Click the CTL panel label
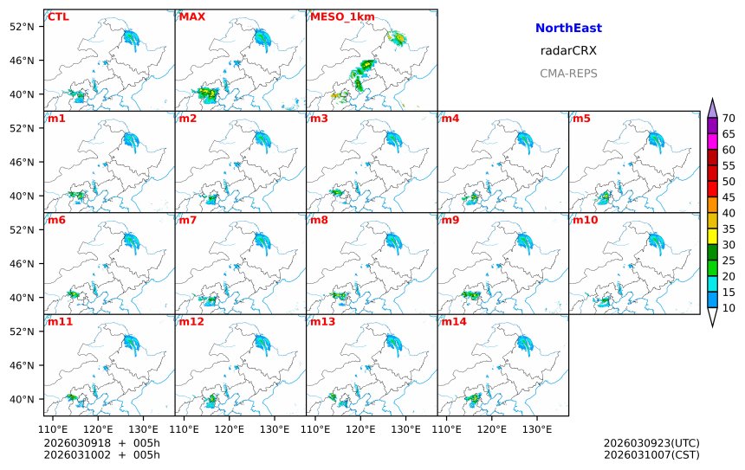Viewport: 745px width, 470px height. coord(58,16)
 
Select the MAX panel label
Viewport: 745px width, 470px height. coord(192,16)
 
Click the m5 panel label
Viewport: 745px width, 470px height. coord(581,119)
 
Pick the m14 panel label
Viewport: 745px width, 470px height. coord(453,322)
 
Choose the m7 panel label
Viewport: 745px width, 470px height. coord(188,220)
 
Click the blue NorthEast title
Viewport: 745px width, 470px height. coord(568,29)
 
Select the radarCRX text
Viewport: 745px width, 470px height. coord(568,51)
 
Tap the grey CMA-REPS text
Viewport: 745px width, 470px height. coord(568,74)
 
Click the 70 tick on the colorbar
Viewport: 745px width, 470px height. coord(729,119)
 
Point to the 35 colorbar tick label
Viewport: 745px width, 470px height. coord(729,229)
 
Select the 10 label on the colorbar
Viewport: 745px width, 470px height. coord(729,307)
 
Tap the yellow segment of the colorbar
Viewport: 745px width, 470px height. coord(712,236)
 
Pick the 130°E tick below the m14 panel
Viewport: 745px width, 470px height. coord(537,429)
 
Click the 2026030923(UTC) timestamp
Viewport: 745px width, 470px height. coord(651,443)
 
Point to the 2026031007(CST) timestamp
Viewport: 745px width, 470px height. coord(651,454)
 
